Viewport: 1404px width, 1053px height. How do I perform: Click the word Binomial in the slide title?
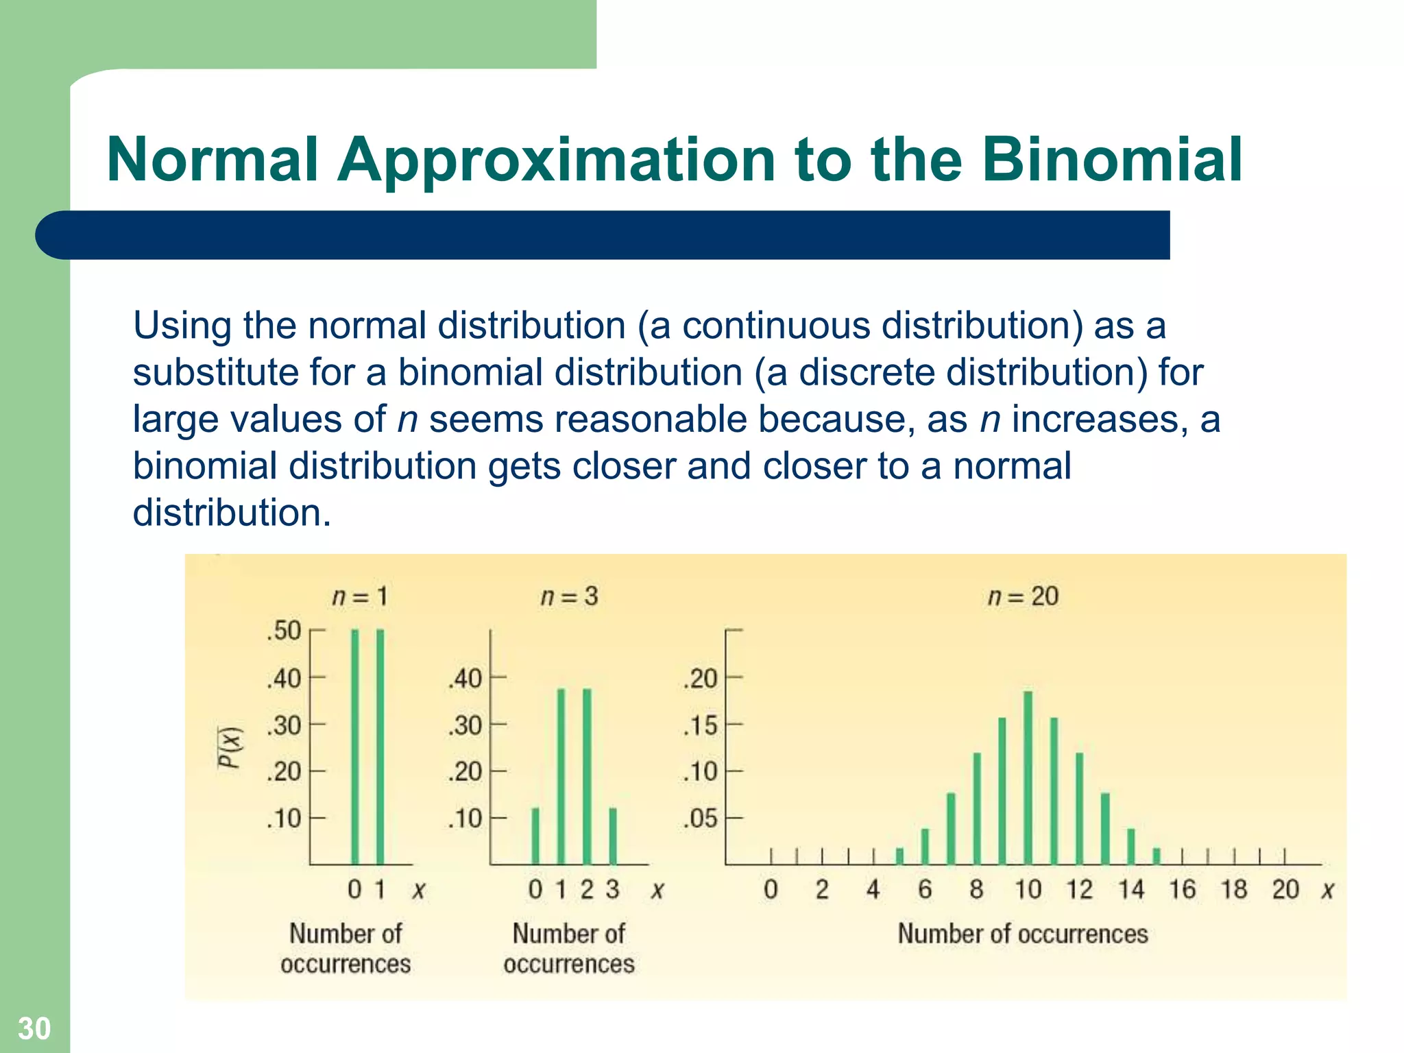click(x=1111, y=159)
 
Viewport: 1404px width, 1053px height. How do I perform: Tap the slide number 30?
click(x=34, y=1028)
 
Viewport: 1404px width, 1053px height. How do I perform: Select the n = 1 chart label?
click(x=360, y=596)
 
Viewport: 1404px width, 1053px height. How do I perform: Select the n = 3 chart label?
click(x=569, y=596)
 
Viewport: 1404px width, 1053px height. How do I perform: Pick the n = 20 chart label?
click(x=1023, y=596)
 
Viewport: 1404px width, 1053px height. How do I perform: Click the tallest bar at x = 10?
click(x=1028, y=778)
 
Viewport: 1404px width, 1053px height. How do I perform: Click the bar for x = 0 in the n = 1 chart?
click(x=354, y=747)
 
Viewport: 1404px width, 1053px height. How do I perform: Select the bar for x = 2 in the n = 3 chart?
click(x=587, y=777)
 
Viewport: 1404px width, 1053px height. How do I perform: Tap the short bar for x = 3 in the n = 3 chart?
click(x=613, y=836)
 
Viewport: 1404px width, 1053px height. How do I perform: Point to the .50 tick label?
click(x=284, y=631)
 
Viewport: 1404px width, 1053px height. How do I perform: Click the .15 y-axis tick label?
click(x=700, y=725)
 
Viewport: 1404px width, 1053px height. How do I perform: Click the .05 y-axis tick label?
click(x=700, y=819)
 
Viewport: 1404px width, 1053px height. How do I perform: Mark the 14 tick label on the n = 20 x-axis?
click(x=1131, y=890)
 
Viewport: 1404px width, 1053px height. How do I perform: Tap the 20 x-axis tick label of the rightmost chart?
click(x=1285, y=890)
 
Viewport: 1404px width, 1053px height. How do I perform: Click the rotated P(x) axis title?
click(x=230, y=747)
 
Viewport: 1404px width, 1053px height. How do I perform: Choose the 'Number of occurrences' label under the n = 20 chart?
click(x=1023, y=934)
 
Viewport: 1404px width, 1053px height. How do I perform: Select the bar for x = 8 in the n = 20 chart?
click(x=977, y=809)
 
